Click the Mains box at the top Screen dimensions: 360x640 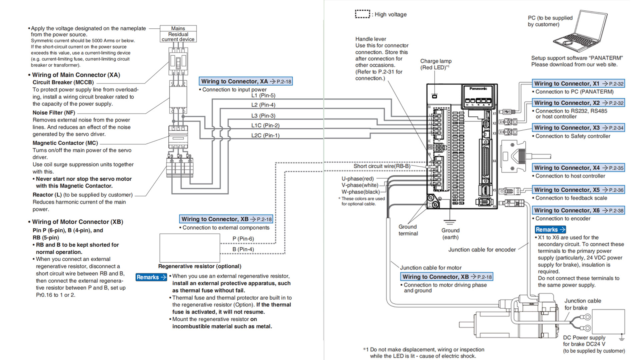pyautogui.click(x=178, y=28)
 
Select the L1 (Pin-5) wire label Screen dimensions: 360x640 pyautogui.click(x=263, y=95)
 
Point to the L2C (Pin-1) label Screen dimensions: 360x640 pyautogui.click(x=265, y=135)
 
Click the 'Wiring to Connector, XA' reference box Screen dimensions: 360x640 pyautogui.click(x=246, y=81)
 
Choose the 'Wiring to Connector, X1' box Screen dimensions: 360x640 pyautogui.click(x=578, y=84)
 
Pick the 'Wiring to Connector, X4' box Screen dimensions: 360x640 pyautogui.click(x=578, y=168)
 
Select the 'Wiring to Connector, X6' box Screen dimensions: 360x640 pyautogui.click(x=578, y=210)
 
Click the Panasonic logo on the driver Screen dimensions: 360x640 pyautogui.click(x=478, y=89)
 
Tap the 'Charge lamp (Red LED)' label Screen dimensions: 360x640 pyautogui.click(x=436, y=64)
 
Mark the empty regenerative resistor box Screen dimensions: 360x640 pyautogui.click(x=189, y=248)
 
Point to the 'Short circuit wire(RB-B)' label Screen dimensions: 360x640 pyautogui.click(x=382, y=166)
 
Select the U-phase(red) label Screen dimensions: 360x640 pyautogui.click(x=357, y=179)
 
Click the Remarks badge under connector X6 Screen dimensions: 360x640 pyautogui.click(x=550, y=230)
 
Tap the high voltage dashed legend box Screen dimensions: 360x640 pyautogui.click(x=362, y=14)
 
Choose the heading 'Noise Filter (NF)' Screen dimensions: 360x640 pyautogui.click(x=54, y=113)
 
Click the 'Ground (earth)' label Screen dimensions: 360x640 pyautogui.click(x=450, y=234)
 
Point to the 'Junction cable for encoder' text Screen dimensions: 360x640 pyautogui.click(x=482, y=250)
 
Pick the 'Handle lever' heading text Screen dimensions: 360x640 pyautogui.click(x=370, y=39)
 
